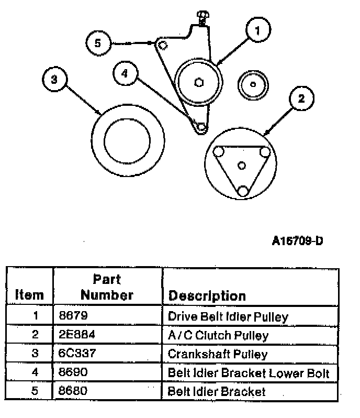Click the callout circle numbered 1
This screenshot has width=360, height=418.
click(258, 29)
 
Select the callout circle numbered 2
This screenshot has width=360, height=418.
click(301, 98)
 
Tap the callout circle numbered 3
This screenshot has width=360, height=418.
click(55, 79)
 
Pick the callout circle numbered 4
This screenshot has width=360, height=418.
click(126, 73)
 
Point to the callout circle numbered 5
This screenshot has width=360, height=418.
click(98, 43)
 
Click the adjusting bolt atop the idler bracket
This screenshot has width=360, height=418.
click(203, 18)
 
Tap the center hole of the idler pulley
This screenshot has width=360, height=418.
click(199, 82)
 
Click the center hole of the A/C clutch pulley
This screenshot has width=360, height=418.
click(242, 166)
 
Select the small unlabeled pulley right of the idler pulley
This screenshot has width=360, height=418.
click(253, 85)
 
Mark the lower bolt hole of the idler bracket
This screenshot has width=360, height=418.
click(201, 127)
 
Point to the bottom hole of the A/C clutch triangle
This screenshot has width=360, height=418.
click(243, 191)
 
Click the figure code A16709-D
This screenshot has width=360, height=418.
click(297, 241)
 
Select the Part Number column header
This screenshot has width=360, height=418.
click(107, 288)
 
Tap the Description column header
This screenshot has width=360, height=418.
click(207, 296)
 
